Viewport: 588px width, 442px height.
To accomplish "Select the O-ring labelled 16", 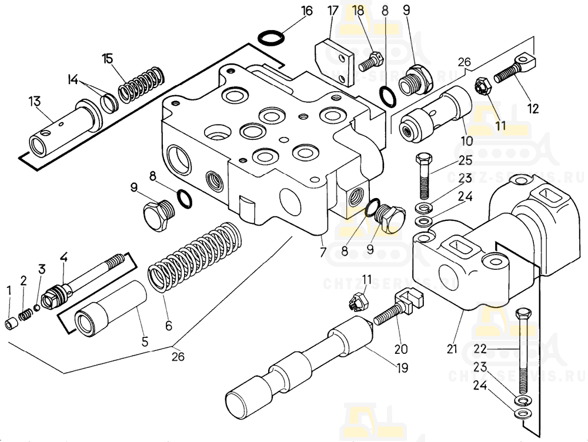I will coord(272,38).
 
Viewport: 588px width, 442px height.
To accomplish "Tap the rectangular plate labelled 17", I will coord(332,57).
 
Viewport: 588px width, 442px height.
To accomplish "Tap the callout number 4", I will coord(63,257).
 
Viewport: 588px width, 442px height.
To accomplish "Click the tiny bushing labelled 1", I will coord(10,324).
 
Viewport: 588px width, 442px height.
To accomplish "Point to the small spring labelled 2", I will coord(25,316).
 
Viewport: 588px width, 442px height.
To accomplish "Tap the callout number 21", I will coord(452,349).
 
